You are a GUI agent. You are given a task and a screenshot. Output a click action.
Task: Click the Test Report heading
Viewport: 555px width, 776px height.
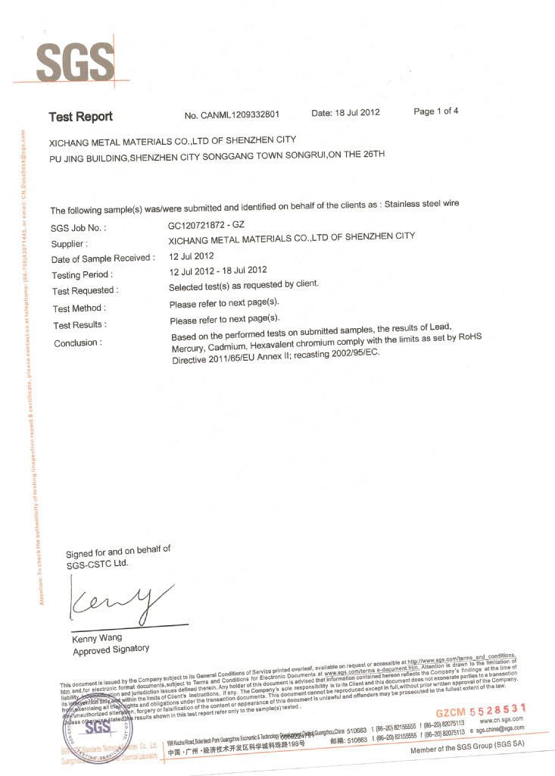coord(80,117)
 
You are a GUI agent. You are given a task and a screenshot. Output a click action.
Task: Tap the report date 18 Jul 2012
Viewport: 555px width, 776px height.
coord(345,113)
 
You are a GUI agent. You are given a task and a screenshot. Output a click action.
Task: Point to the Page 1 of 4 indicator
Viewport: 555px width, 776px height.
coord(435,111)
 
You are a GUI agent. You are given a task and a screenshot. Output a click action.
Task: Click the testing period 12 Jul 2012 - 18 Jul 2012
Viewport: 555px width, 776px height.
coord(218,271)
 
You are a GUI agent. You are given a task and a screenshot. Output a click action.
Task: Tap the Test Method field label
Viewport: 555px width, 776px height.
coord(79,308)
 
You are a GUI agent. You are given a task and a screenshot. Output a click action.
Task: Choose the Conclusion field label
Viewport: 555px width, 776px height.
coord(76,343)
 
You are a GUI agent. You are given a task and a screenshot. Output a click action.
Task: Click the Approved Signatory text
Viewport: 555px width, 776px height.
coord(111,649)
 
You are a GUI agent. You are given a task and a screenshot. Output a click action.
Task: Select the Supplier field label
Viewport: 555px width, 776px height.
coord(70,244)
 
